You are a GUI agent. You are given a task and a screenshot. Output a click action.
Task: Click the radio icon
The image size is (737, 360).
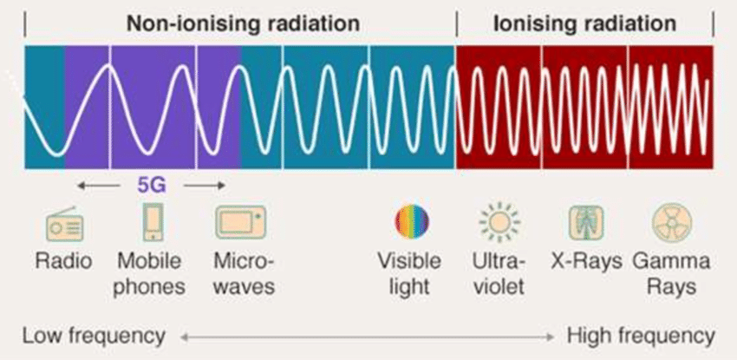point(64,224)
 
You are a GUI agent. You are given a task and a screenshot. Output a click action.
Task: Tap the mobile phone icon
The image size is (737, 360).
point(153,222)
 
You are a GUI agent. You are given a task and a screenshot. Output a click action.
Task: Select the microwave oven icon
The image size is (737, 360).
point(241,222)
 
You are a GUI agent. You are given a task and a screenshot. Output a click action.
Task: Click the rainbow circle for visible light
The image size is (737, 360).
point(412,222)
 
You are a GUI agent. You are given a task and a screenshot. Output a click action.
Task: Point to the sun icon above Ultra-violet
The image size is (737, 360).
point(499,222)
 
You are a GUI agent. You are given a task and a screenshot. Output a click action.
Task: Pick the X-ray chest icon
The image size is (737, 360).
point(586,222)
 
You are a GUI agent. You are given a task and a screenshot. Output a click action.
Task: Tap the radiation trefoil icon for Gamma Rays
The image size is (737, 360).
point(672,222)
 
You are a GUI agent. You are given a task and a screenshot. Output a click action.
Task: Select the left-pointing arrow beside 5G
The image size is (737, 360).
point(98,186)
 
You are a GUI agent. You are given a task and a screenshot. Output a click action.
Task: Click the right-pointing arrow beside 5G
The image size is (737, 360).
point(205,186)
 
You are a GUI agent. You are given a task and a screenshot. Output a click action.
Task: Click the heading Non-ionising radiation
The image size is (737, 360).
point(244,23)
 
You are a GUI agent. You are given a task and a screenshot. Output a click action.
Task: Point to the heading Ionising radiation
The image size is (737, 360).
point(584,23)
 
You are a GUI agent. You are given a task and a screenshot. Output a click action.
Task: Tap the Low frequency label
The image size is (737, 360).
point(94,336)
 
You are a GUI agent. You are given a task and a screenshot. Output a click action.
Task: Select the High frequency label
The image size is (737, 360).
point(641,336)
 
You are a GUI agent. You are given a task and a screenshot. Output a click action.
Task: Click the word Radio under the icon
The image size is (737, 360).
point(64,261)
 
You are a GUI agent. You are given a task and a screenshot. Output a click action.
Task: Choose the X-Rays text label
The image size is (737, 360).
point(587,261)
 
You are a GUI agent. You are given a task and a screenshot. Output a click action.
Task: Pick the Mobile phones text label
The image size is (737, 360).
point(149,274)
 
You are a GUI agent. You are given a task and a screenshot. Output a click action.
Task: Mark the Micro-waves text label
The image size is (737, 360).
point(244,273)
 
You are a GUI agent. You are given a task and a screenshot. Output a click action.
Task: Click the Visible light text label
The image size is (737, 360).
point(409,274)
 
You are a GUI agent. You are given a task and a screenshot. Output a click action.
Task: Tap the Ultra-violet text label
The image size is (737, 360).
point(499,273)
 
